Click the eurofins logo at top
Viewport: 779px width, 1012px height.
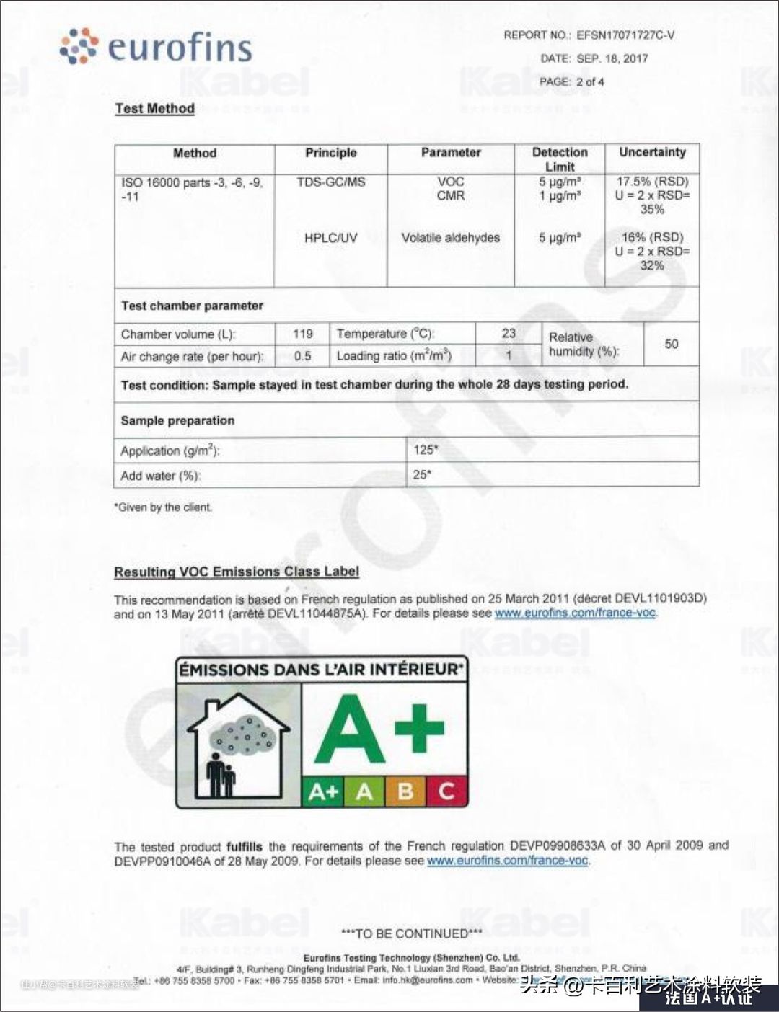point(156,47)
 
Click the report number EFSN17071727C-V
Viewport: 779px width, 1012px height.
point(625,35)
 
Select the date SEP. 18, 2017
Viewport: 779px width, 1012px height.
point(612,58)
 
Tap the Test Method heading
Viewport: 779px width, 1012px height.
point(154,109)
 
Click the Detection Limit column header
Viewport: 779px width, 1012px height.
point(560,159)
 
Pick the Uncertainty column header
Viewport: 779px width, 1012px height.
point(652,152)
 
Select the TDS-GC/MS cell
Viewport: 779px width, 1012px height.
point(330,182)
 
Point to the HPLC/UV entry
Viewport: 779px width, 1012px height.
point(330,237)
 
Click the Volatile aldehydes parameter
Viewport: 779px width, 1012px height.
point(450,237)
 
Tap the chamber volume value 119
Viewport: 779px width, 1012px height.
point(303,334)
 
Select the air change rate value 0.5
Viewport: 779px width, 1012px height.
point(303,356)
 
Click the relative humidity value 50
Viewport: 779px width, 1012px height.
point(671,344)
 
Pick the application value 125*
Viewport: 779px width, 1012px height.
point(426,450)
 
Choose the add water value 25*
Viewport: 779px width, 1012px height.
point(423,474)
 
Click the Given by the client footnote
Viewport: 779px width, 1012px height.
point(163,507)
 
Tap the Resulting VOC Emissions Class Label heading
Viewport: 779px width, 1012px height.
point(237,572)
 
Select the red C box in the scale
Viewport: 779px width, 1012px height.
point(446,791)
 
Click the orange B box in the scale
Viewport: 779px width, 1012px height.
point(405,791)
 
